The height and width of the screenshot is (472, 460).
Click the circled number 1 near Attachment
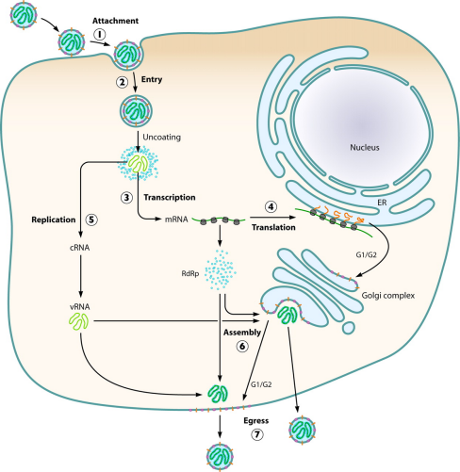coord(100,34)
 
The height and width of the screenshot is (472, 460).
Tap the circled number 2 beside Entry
coord(122,82)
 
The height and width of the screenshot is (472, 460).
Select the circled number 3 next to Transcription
coord(126,198)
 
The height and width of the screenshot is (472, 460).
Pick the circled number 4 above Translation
coord(271,206)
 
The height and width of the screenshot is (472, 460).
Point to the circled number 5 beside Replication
coord(91,220)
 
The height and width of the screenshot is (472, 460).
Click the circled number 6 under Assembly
coord(242,346)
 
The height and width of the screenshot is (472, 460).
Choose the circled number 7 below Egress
coord(257,434)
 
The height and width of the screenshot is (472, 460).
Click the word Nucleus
coord(365,147)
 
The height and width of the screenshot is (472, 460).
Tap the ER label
coord(382,203)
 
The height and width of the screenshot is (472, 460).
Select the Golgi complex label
coord(388,296)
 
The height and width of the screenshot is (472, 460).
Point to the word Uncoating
coord(162,138)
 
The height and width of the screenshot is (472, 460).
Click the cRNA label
coord(79,248)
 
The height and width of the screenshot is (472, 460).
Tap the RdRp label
coord(190,274)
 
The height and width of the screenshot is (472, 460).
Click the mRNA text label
coord(176,220)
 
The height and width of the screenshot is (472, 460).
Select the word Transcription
coord(170,197)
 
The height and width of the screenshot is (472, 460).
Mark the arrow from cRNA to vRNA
coord(81,276)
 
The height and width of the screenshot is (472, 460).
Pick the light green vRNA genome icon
coord(79,321)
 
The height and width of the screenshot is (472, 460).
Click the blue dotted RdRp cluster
coord(221,270)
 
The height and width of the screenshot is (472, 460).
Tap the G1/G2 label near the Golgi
coord(366,254)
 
